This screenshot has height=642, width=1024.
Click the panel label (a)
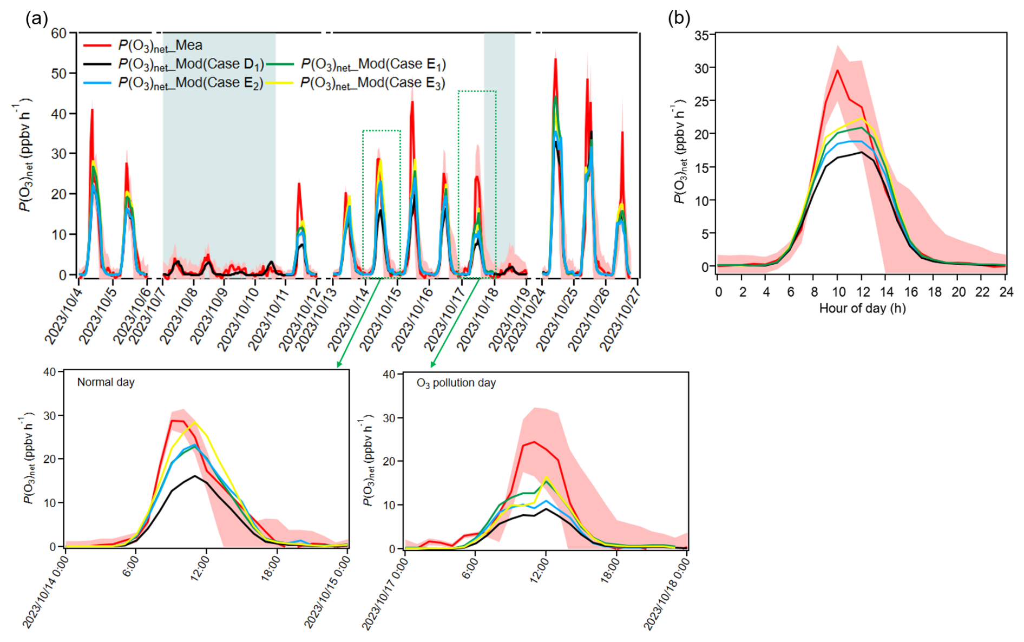pyautogui.click(x=36, y=19)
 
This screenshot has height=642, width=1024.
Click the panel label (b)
pyautogui.click(x=679, y=18)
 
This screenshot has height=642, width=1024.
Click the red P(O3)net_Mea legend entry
pyautogui.click(x=160, y=45)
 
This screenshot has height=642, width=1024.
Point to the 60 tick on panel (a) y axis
pyautogui.click(x=59, y=34)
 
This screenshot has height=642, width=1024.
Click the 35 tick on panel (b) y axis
pyautogui.click(x=701, y=36)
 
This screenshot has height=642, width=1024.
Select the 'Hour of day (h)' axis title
pyautogui.click(x=862, y=309)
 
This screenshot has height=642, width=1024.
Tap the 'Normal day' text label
pyautogui.click(x=106, y=382)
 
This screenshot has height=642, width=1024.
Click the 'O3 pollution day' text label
pyautogui.click(x=456, y=383)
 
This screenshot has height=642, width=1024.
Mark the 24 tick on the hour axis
pyautogui.click(x=1006, y=292)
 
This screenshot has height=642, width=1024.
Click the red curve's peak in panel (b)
pyautogui.click(x=837, y=70)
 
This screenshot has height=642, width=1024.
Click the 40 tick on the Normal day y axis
pyautogui.click(x=49, y=372)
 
